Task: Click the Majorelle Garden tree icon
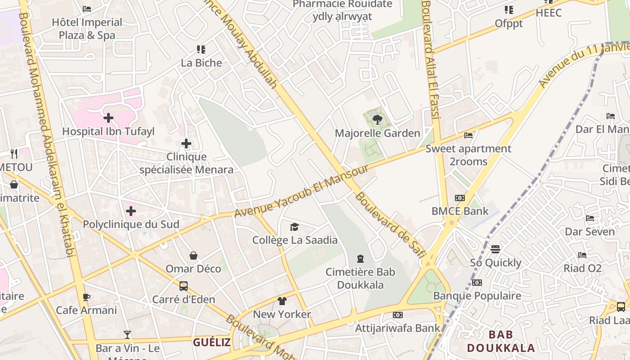pos(378,119)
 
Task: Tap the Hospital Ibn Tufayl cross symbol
pos(108,118)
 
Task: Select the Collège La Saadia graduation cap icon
pos(294,227)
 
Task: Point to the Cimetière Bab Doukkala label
pos(360,278)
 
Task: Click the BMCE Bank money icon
pos(459,198)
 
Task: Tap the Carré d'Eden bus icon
pos(184,286)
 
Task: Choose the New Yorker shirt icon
pos(282,301)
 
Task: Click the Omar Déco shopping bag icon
pos(193,256)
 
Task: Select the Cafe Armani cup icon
pos(86,297)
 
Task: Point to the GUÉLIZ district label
pos(212,342)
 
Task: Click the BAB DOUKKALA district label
pos(501,341)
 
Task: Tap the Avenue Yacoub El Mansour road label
pos(301,190)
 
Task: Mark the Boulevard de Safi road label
pos(390,225)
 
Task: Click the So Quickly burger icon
pos(495,249)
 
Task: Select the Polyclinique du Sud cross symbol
pos(131,211)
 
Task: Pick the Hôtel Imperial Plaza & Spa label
pos(87,28)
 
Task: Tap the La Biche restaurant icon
pos(201,49)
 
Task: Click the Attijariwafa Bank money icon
pos(397,315)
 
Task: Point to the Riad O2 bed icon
pos(582,255)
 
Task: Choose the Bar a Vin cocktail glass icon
pos(127,335)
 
